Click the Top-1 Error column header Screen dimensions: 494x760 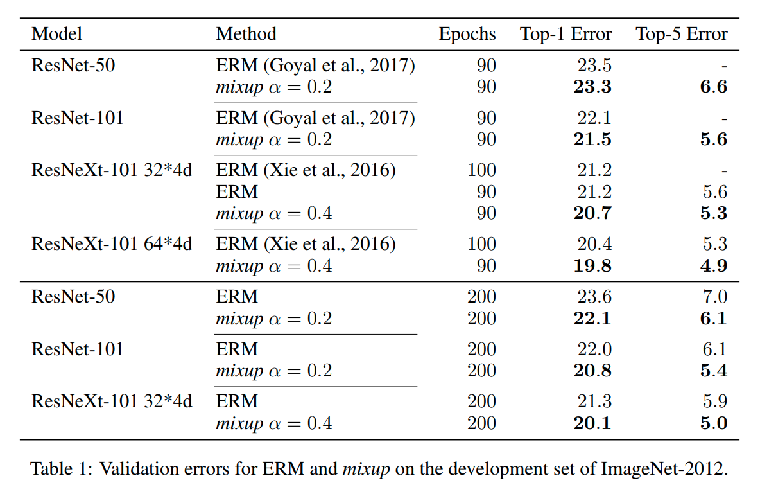[x=566, y=34]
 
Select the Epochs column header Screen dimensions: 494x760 [x=467, y=34]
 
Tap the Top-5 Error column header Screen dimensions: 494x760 [x=682, y=34]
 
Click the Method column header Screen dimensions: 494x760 [x=246, y=34]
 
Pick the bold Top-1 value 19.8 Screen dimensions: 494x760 [x=592, y=266]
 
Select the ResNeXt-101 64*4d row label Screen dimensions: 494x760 [x=112, y=244]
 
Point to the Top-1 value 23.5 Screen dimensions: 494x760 [x=594, y=66]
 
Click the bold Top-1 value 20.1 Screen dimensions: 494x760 [x=592, y=423]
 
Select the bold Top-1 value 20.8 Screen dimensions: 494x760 [x=592, y=371]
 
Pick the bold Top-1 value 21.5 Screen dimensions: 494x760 [x=592, y=140]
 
